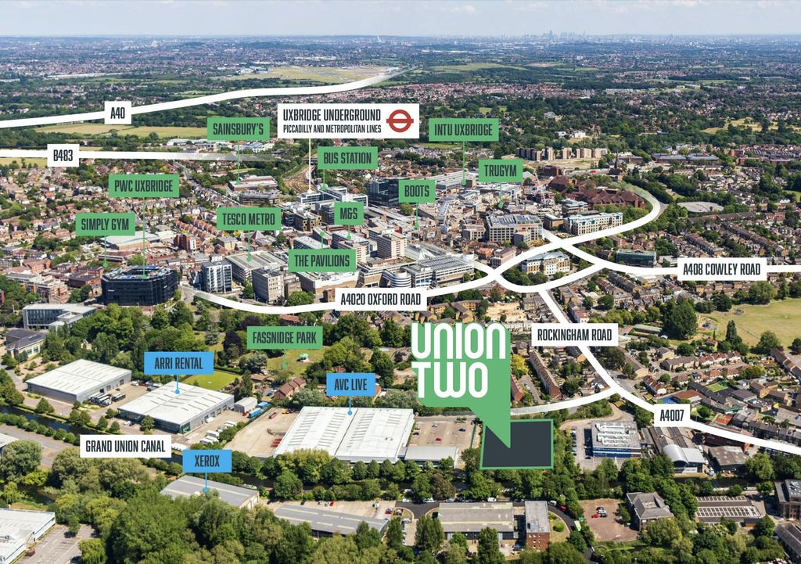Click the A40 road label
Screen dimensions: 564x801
coord(117,113)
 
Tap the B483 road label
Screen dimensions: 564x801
coord(63,156)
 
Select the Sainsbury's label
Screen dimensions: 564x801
coord(239,128)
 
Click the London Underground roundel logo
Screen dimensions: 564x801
coord(399,120)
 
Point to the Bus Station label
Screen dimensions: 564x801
coord(347,158)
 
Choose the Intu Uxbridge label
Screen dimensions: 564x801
coord(463,129)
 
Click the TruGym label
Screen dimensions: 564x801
coord(500,171)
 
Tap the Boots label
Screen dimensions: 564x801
coord(417,190)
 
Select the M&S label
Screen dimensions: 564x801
coord(348,213)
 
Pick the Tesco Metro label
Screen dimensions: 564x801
coord(249,218)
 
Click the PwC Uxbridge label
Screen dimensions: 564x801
coord(144,185)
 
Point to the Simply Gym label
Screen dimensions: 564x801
coord(106,224)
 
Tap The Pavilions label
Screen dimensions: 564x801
coord(321,260)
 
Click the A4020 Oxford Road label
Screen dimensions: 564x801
coord(382,298)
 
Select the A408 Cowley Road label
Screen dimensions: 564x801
coord(720,270)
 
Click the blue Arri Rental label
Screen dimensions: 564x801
coord(178,363)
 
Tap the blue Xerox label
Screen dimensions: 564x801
coord(207,461)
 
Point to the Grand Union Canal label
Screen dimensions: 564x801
coord(125,446)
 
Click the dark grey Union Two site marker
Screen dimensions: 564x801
coord(516,444)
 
